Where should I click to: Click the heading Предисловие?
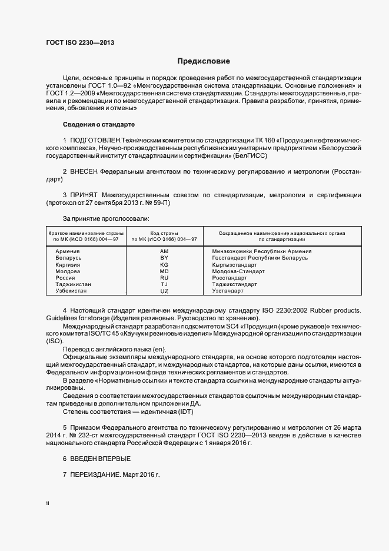(204, 61)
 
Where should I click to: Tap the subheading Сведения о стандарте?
(99, 125)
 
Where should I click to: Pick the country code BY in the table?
(164, 258)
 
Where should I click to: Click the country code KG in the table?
(164, 265)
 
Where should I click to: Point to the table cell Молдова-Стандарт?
(238, 271)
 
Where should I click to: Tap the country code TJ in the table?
(164, 284)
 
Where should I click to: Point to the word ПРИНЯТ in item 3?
(84, 195)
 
